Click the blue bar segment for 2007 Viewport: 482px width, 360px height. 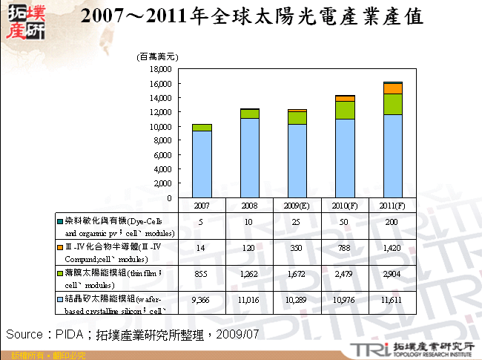(202, 164)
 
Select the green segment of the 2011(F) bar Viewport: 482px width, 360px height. (393, 104)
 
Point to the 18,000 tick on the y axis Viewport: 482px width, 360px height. (160, 68)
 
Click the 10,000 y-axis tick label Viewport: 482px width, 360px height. (160, 126)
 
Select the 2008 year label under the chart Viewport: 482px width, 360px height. (249, 204)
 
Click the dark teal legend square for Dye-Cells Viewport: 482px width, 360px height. (59, 220)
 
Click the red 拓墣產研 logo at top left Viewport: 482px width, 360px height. (24, 22)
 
